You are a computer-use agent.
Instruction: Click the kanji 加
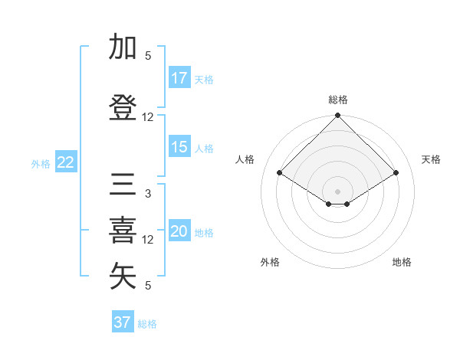coord(123,47)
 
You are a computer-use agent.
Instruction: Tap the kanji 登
coord(123,107)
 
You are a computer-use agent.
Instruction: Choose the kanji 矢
coord(123,277)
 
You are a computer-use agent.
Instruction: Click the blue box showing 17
coord(179,78)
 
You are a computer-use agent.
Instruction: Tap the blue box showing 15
coord(179,147)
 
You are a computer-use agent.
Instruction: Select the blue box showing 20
coord(179,232)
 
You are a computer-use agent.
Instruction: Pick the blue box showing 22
coord(65,162)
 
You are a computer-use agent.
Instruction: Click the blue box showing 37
coord(123,322)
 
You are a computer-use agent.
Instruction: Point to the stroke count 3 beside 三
coord(148,194)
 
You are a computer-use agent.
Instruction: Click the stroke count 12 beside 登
coord(148,117)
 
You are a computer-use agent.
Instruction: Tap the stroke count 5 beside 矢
coord(148,286)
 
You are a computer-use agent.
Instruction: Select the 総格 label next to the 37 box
coord(147,324)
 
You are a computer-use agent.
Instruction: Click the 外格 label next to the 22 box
coord(41,163)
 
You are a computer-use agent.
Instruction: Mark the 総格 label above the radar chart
coord(337,100)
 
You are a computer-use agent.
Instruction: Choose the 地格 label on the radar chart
coord(402,263)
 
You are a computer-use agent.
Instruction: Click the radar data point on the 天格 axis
coord(396,173)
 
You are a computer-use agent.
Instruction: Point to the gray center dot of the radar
coord(337,190)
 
